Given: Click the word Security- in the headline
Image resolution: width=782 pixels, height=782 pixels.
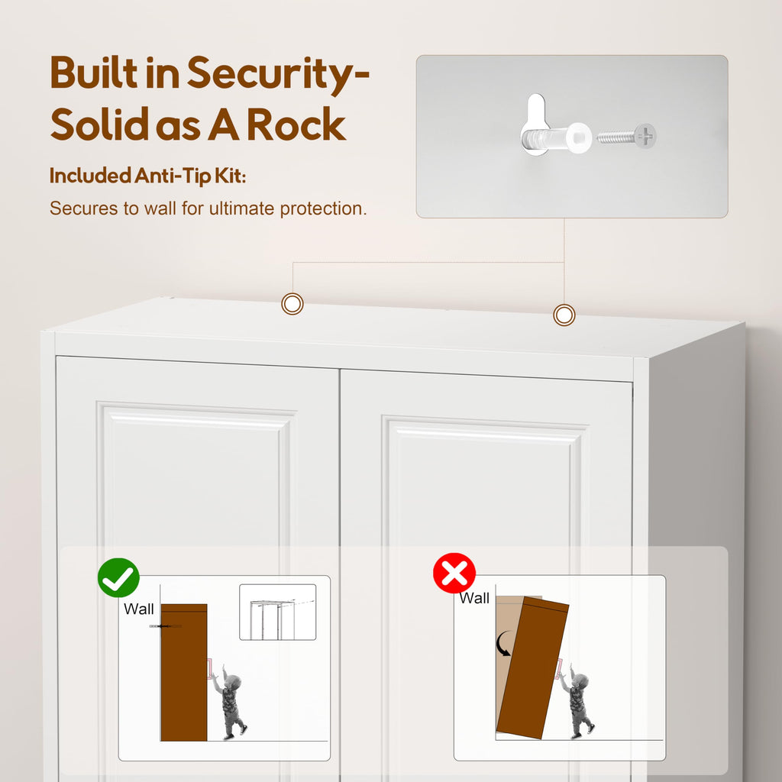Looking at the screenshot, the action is click(x=278, y=74).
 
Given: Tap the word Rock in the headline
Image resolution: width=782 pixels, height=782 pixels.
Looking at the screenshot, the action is click(x=296, y=124).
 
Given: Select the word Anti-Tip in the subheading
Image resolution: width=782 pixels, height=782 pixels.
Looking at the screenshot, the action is click(x=172, y=176).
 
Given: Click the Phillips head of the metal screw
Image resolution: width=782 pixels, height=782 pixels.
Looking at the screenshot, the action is click(x=645, y=136).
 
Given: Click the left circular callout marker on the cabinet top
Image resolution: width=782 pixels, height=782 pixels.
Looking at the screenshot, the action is click(x=292, y=303).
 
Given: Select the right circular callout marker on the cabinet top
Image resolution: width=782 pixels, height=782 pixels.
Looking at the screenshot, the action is click(x=564, y=315).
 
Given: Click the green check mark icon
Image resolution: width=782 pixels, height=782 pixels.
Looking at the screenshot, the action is click(x=118, y=577).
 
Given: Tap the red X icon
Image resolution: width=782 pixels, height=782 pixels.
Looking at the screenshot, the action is click(x=454, y=573).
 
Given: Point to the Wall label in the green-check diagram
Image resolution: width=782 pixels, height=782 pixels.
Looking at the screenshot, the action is click(x=139, y=609).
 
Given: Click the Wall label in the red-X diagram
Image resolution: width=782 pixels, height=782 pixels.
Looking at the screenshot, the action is click(x=473, y=598).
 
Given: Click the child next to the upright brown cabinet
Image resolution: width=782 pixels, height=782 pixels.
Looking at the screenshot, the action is click(x=229, y=702).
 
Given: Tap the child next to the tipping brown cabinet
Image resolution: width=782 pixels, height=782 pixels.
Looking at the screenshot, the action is click(x=577, y=700).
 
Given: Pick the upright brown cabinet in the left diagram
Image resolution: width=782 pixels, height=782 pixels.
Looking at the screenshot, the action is click(x=183, y=672).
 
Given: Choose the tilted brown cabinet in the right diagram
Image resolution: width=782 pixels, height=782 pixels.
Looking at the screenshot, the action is click(x=533, y=667).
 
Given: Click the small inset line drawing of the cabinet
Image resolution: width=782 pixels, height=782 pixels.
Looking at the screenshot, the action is click(x=278, y=612).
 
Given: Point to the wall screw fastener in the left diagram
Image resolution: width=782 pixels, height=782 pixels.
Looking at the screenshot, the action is click(x=165, y=626).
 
